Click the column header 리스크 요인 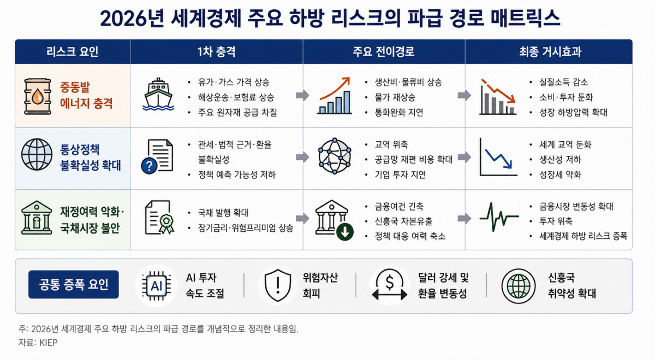tap(72, 52)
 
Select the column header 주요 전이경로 tap(383, 52)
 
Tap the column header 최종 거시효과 tap(550, 52)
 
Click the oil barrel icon tap(38, 96)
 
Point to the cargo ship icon tap(158, 94)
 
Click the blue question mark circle tap(149, 166)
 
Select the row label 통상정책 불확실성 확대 tap(91, 157)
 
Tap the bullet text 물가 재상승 tap(395, 97)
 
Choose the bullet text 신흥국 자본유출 tap(403, 221)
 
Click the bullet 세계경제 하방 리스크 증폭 tap(583, 236)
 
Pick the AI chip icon tap(157, 286)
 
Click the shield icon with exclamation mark tap(277, 285)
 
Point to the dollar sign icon tap(390, 283)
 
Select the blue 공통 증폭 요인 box tap(73, 284)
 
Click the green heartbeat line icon tap(499, 217)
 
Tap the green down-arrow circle tap(345, 232)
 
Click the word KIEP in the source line tap(49, 343)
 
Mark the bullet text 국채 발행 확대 tap(223, 212)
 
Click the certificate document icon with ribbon tap(159, 217)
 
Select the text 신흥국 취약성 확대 tap(571, 285)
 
